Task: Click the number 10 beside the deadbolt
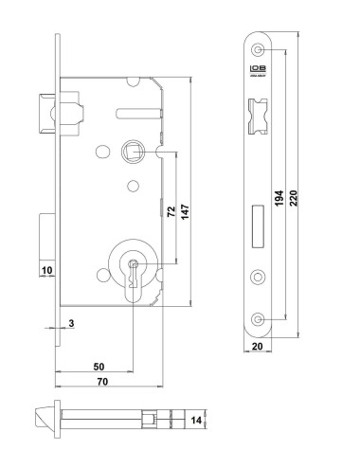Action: pos(45,270)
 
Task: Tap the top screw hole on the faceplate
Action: pos(258,48)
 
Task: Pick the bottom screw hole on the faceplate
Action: pos(258,318)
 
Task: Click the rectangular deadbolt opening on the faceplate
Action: pos(258,217)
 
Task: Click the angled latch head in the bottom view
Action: pos(39,419)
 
